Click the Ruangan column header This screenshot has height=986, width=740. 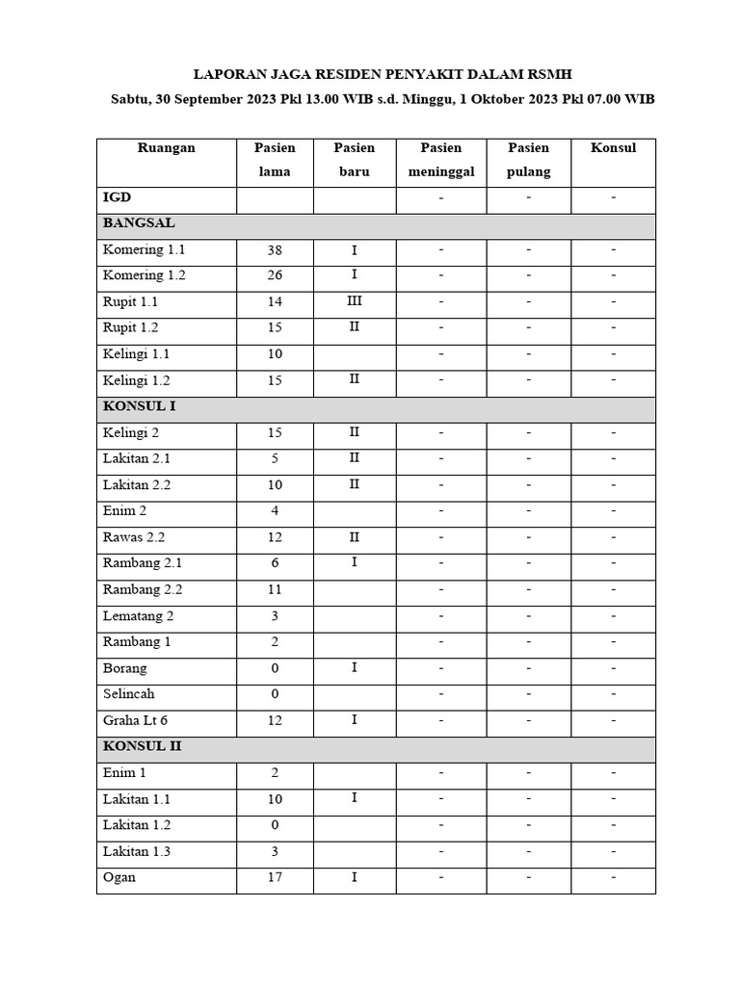tap(167, 148)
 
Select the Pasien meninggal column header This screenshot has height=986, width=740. tap(440, 160)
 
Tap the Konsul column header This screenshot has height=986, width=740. tap(613, 148)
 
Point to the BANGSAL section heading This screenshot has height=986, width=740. tap(139, 223)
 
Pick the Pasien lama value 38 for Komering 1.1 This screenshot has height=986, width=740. tap(275, 250)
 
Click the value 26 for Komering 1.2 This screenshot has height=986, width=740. tap(275, 276)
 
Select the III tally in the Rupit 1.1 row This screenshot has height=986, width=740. tap(355, 301)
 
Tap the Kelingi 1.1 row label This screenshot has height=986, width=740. tap(137, 354)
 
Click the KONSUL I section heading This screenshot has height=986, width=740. tap(140, 406)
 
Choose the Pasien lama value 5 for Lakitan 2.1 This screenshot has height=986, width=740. tap(275, 459)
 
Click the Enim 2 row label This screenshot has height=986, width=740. tap(125, 511)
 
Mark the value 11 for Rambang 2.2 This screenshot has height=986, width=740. tap(275, 590)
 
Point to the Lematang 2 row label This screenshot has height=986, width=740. tap(139, 616)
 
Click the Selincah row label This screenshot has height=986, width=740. tap(129, 694)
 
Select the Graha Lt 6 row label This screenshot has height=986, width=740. tap(136, 720)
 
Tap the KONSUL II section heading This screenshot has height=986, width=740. tap(143, 746)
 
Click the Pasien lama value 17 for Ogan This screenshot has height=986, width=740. tap(275, 878)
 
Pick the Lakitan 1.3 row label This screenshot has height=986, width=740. tap(137, 851)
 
